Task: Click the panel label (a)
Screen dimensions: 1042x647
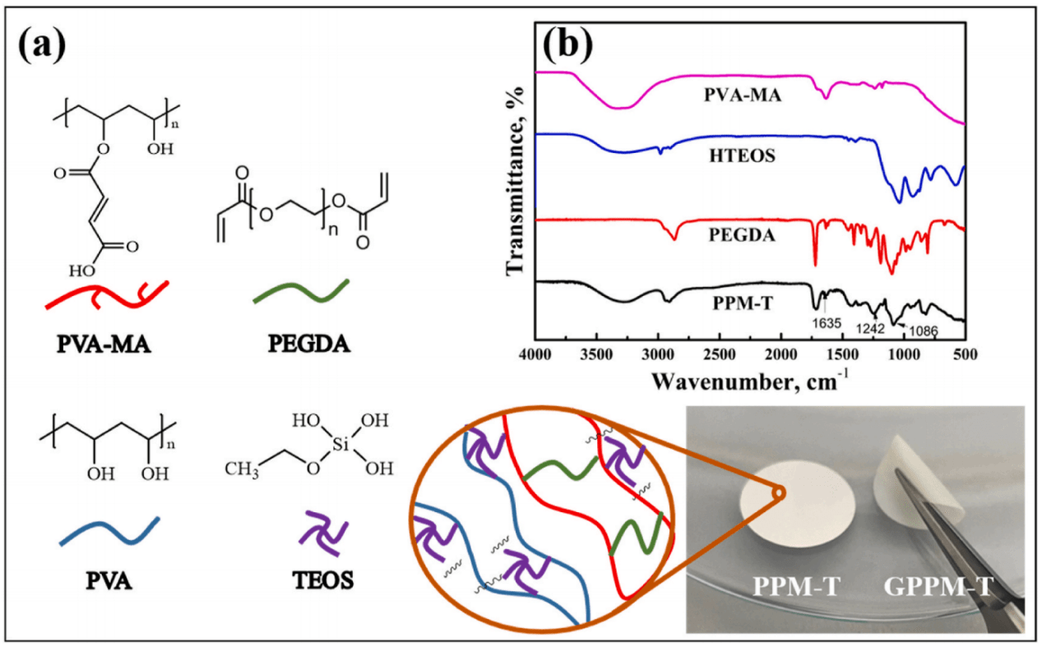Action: point(42,46)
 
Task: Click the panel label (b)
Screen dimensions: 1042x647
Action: point(568,45)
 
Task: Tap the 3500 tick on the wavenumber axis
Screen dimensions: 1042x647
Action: point(596,355)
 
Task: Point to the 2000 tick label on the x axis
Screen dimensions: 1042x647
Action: point(781,355)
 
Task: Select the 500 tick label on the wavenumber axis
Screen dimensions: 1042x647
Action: point(966,355)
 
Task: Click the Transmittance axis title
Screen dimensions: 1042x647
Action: point(515,181)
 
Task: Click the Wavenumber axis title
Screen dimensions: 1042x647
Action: point(750,381)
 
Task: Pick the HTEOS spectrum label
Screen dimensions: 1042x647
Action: point(742,155)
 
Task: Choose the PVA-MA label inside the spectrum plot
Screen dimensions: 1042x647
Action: point(743,95)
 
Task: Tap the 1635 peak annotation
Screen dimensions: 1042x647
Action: point(827,323)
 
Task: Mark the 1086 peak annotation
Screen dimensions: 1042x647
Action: point(924,330)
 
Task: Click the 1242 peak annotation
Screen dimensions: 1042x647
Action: point(870,329)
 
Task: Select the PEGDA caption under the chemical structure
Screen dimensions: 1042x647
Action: point(309,344)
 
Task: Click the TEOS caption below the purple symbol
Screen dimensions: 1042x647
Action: point(323,580)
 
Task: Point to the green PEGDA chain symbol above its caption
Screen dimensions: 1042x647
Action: point(301,291)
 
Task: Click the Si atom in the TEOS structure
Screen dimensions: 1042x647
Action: point(340,445)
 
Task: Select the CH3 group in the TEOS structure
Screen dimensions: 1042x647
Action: point(242,469)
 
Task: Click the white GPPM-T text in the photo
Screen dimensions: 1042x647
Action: point(938,586)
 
